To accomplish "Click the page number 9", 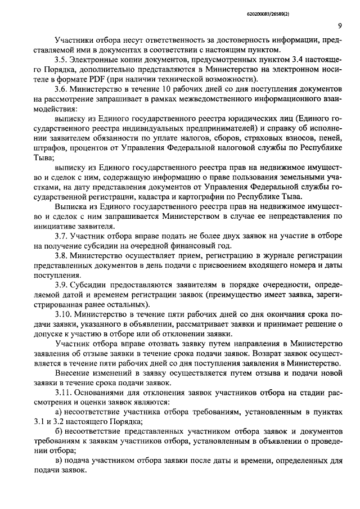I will pos(340,25).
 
